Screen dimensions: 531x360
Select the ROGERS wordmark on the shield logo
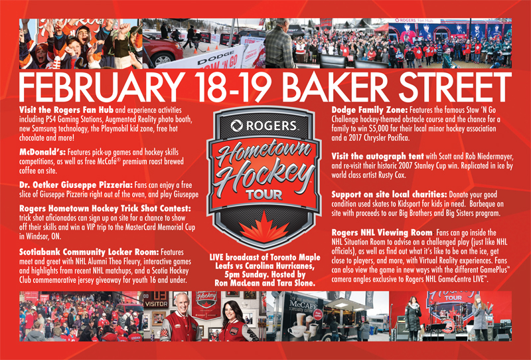tap(264, 126)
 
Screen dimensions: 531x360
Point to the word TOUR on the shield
tap(264, 195)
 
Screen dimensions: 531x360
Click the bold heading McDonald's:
tap(42, 152)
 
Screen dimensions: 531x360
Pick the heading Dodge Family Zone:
tap(370, 110)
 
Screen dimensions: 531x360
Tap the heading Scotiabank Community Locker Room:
tap(89, 252)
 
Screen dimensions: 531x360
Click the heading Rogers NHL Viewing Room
tap(382, 233)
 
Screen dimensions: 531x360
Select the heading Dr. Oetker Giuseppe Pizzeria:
tap(76, 185)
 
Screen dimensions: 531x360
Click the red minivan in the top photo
tap(162, 50)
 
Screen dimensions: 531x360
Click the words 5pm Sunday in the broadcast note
tap(246, 274)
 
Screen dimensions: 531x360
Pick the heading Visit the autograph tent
tap(378, 157)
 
